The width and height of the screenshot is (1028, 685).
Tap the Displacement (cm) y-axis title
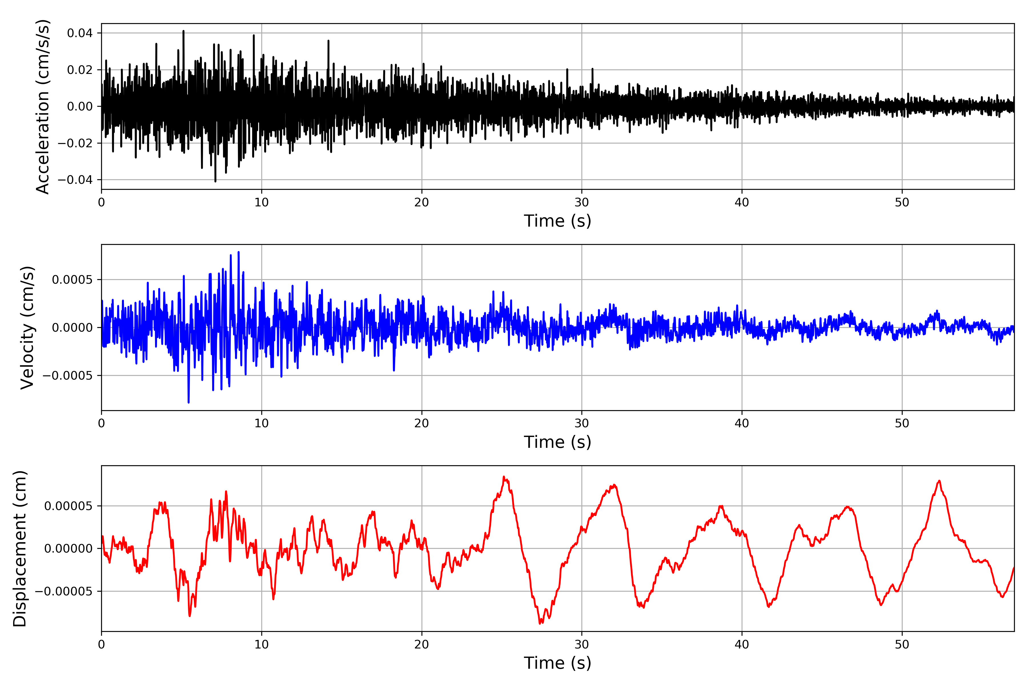pyautogui.click(x=20, y=548)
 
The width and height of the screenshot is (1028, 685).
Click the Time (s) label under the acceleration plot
pyautogui.click(x=557, y=221)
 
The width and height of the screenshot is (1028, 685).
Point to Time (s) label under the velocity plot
pyautogui.click(x=557, y=442)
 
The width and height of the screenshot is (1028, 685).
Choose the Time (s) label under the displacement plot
pyautogui.click(x=557, y=663)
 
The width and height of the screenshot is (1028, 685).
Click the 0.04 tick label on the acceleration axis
pyautogui.click(x=80, y=33)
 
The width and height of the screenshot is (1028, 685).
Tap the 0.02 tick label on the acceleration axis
pyautogui.click(x=80, y=70)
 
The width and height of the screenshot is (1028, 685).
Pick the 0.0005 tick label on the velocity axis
pyautogui.click(x=72, y=280)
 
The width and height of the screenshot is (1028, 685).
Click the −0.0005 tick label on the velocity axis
pyautogui.click(x=68, y=376)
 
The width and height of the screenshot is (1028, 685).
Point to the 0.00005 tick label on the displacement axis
pyautogui.click(x=68, y=506)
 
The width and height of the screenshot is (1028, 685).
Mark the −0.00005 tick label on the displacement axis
pyautogui.click(x=64, y=591)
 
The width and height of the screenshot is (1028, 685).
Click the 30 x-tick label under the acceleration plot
pyautogui.click(x=581, y=203)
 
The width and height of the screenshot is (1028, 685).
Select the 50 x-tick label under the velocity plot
pyautogui.click(x=902, y=423)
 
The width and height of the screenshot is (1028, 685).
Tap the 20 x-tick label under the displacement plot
pyautogui.click(x=421, y=644)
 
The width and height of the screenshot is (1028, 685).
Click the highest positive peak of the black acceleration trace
pyautogui.click(x=184, y=31)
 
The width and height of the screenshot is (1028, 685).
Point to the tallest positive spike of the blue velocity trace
pyautogui.click(x=238, y=252)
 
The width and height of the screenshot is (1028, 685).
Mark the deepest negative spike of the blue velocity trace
pyautogui.click(x=188, y=402)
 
